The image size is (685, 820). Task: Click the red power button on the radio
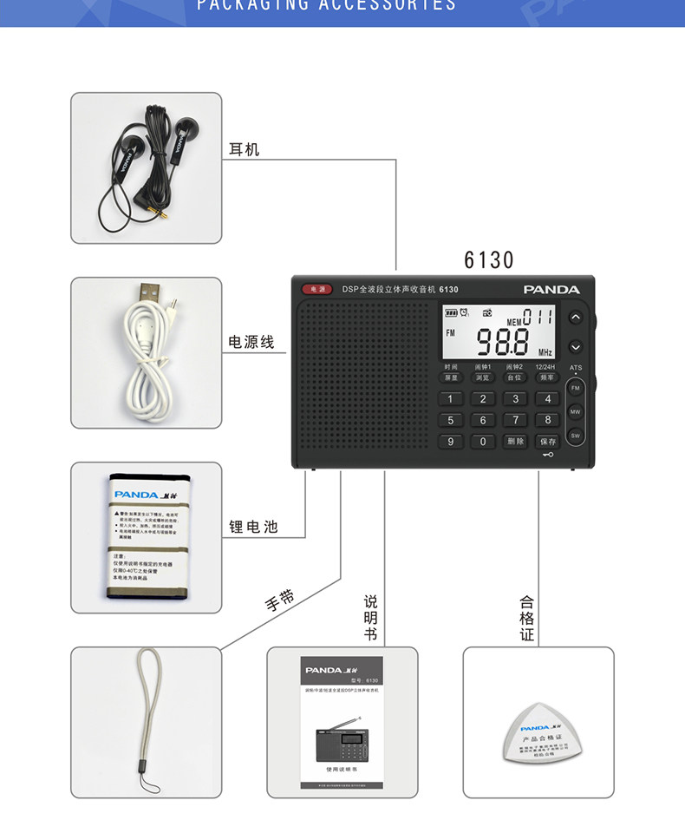pyautogui.click(x=316, y=289)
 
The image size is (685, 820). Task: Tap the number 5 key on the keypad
pyautogui.click(x=450, y=420)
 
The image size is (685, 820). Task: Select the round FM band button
pyautogui.click(x=575, y=388)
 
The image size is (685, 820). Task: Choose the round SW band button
pyautogui.click(x=575, y=435)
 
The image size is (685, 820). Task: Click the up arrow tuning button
pyautogui.click(x=575, y=318)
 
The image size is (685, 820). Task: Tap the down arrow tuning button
pyautogui.click(x=575, y=347)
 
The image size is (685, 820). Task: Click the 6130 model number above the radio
pyautogui.click(x=489, y=259)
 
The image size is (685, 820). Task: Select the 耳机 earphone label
pyautogui.click(x=244, y=149)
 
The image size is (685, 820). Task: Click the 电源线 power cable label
pyautogui.click(x=251, y=342)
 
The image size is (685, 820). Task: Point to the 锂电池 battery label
pyautogui.click(x=253, y=526)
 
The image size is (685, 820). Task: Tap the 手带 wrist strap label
pyautogui.click(x=280, y=599)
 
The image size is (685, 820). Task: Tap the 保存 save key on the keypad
pyautogui.click(x=547, y=442)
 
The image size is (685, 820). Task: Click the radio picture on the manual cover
pyautogui.click(x=341, y=741)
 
